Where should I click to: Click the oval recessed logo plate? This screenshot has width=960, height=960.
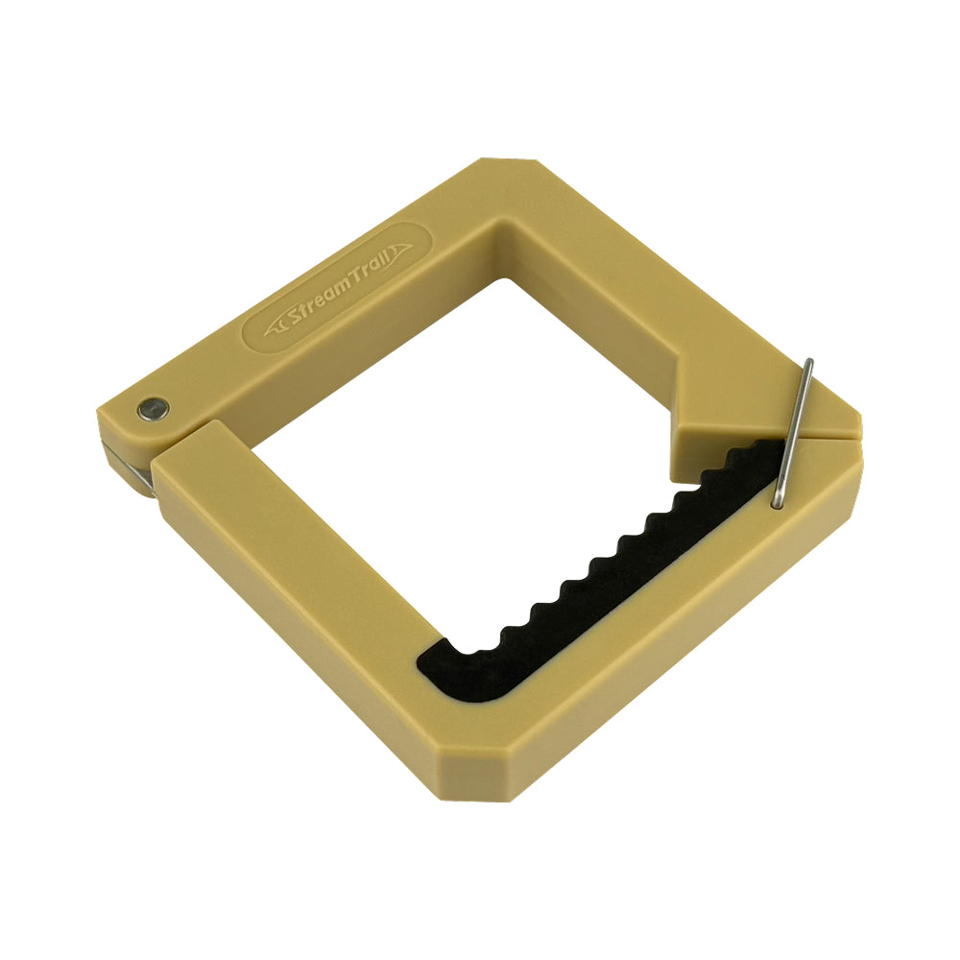(337, 288)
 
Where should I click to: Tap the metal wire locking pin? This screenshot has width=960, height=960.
(793, 434)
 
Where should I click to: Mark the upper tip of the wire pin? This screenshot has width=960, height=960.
(810, 361)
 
